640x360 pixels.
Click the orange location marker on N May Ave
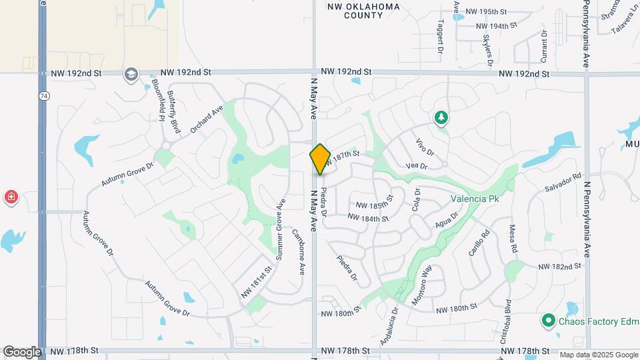click(x=320, y=159)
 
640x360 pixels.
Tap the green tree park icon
click(x=441, y=118)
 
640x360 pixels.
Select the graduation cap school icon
click(x=131, y=73)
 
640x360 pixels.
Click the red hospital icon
click(x=11, y=197)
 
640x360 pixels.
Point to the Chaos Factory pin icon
click(x=549, y=321)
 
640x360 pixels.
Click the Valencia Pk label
click(x=475, y=198)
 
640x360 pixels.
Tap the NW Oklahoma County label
click(x=363, y=11)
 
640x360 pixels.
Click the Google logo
click(x=22, y=351)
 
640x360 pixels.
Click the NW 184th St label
click(x=369, y=218)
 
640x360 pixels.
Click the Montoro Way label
click(x=423, y=285)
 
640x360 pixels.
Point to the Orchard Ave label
click(x=206, y=119)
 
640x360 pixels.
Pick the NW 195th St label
click(x=487, y=12)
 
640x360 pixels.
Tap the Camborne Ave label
click(x=298, y=251)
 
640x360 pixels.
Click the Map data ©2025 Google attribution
click(x=598, y=355)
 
